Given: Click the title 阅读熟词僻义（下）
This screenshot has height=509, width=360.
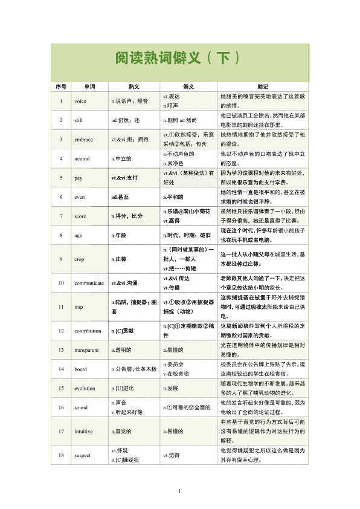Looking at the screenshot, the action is [179, 58].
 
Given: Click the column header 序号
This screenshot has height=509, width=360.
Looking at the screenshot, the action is [60, 86].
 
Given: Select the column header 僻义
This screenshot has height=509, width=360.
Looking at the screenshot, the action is [188, 86].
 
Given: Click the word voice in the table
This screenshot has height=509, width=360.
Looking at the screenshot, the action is [80, 100].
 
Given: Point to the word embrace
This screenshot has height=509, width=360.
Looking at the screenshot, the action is [83, 139].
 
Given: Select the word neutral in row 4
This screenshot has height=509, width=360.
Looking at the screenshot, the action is [82, 158].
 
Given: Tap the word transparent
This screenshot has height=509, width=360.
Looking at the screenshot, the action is [86, 349].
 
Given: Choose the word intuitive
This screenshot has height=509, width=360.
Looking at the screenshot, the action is [84, 430].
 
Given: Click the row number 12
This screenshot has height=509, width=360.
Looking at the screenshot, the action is [61, 331].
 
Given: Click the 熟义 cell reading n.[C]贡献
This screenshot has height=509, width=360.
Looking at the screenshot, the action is [123, 331].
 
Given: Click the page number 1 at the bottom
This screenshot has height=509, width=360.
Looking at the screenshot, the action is [179, 490].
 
